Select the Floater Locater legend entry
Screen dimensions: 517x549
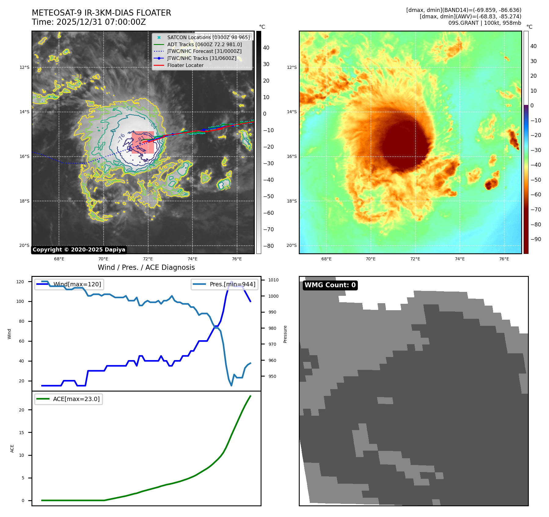pyautogui.click(x=185, y=65)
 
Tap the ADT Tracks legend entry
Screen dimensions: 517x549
pyautogui.click(x=204, y=44)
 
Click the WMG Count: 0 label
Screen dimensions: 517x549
pyautogui.click(x=330, y=285)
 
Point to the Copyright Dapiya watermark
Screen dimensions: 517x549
pyautogui.click(x=79, y=250)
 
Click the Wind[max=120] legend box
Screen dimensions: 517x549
pyautogui.click(x=69, y=284)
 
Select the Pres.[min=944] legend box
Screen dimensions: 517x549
pyautogui.click(x=225, y=284)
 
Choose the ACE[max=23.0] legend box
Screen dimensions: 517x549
pyautogui.click(x=68, y=399)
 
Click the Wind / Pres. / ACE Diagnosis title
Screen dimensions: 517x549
pyautogui.click(x=146, y=267)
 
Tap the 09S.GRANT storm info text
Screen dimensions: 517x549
pyautogui.click(x=485, y=23)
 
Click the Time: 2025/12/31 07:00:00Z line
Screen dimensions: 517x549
pyautogui.click(x=89, y=22)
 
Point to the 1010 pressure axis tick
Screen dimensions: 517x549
pyautogui.click(x=273, y=280)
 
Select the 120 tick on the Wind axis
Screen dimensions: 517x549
pyautogui.click(x=20, y=282)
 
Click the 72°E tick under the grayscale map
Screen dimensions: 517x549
pyautogui.click(x=148, y=259)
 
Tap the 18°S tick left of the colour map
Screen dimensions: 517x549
pyautogui.click(x=291, y=201)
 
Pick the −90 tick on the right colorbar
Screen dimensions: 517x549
pyautogui.click(x=536, y=239)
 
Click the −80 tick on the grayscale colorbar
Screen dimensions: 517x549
pyautogui.click(x=269, y=246)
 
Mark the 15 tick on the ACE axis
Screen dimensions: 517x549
pyautogui.click(x=21, y=433)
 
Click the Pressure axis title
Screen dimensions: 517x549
pyautogui.click(x=285, y=334)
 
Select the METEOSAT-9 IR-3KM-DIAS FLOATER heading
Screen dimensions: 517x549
pyautogui.click(x=101, y=13)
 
